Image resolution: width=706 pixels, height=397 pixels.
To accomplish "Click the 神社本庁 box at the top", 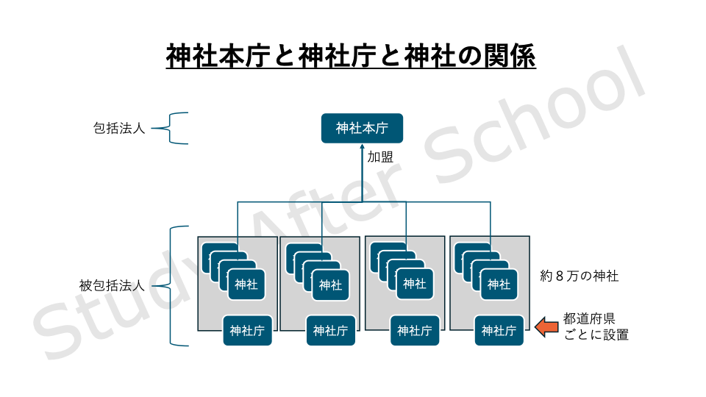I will [x=362, y=128].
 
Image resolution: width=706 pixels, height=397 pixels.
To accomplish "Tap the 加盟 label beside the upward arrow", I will [x=380, y=157].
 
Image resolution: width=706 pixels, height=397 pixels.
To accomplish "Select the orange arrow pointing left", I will [x=546, y=326].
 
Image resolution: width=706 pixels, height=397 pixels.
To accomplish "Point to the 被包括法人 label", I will [x=111, y=285].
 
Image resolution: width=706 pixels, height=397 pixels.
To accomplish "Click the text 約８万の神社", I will [x=579, y=276].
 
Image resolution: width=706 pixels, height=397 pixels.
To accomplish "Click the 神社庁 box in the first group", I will [x=247, y=331].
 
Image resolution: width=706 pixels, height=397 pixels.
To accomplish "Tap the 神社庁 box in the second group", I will [x=331, y=331].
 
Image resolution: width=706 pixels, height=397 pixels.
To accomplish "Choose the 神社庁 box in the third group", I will [x=416, y=331].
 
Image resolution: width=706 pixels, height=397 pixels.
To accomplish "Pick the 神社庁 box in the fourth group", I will [x=499, y=331].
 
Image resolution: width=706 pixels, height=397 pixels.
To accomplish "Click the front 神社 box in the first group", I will [x=246, y=285].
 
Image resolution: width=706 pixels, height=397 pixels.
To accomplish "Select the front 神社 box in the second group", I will [x=330, y=285].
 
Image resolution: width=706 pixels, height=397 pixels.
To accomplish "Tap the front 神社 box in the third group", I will [x=415, y=285].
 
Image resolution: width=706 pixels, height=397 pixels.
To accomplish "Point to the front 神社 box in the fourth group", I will [x=499, y=285].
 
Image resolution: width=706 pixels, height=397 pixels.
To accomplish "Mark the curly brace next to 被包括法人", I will [x=176, y=285].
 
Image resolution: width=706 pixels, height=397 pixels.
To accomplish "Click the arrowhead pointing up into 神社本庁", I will [x=362, y=148].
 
